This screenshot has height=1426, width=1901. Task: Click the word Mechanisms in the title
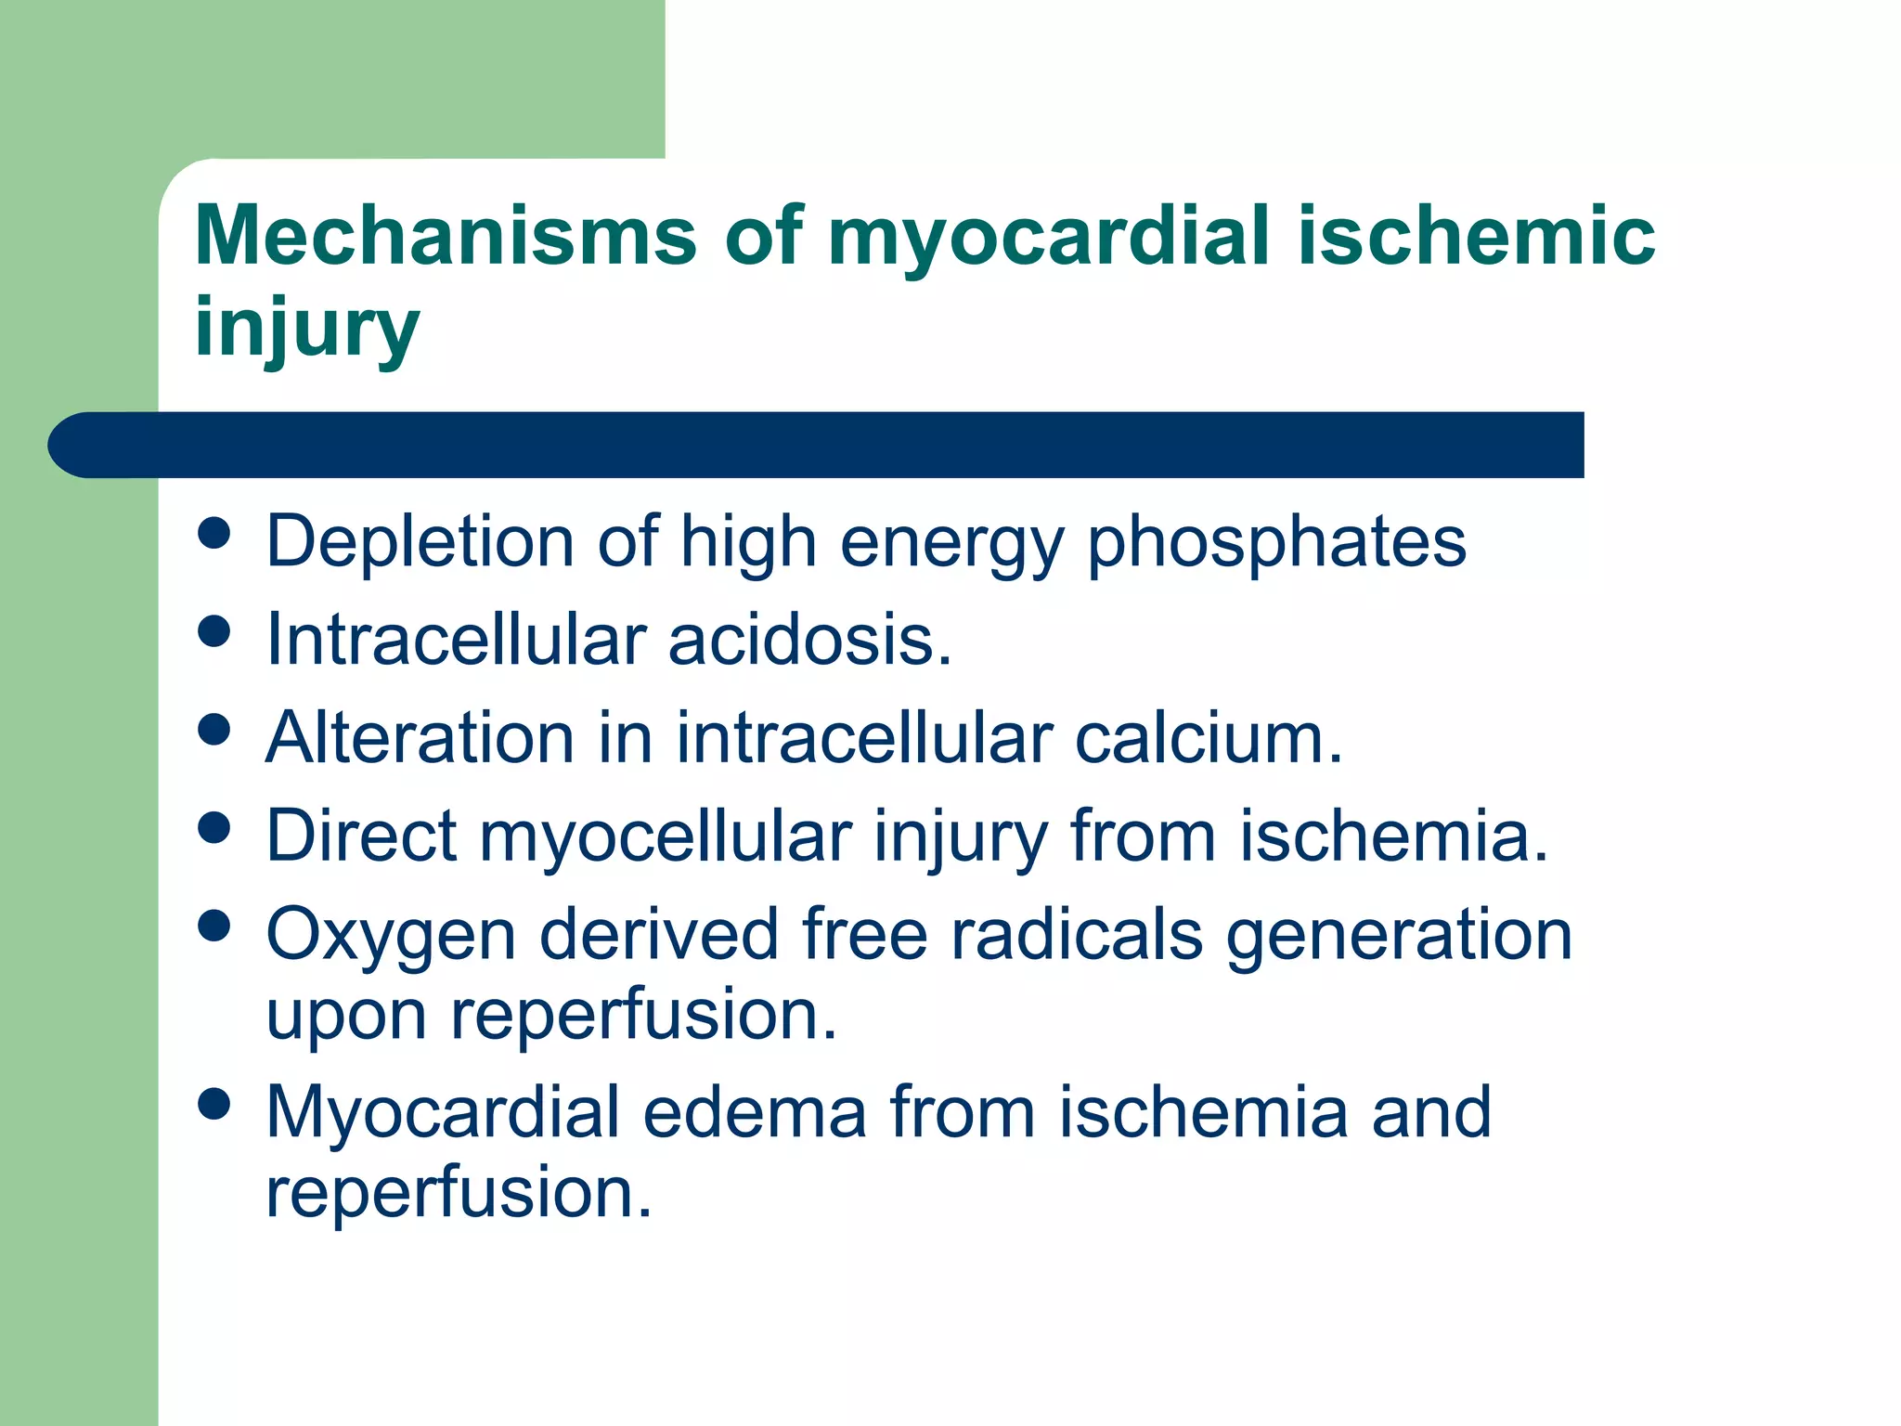[446, 236]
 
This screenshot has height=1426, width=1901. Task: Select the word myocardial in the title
[1048, 238]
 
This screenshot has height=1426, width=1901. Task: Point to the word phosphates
[1276, 543]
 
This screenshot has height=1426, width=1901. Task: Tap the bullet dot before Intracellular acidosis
[214, 633]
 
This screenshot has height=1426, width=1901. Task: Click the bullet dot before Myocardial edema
[214, 1105]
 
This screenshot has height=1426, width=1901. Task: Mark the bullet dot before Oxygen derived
[214, 926]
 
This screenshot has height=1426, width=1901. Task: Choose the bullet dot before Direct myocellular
[214, 828]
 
